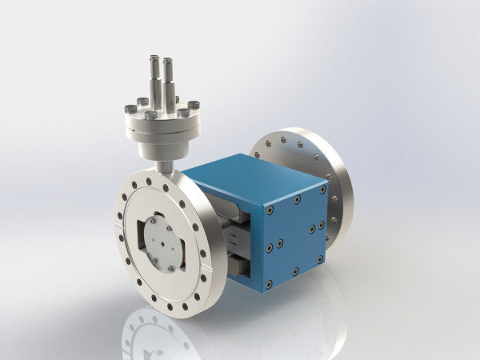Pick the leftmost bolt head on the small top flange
[x=128, y=110]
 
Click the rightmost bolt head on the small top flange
[x=193, y=105]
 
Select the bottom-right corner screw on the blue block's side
[x=319, y=257]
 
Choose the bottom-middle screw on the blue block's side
[x=295, y=270]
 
